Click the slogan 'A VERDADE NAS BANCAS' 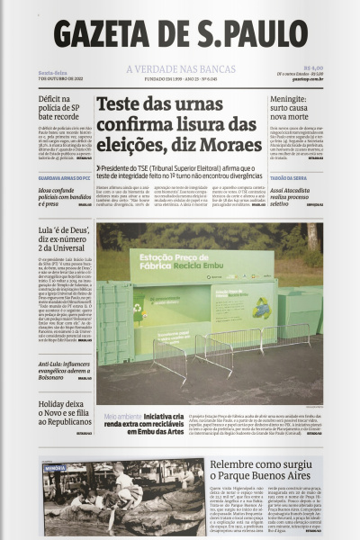179,69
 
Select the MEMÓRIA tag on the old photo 55,468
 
